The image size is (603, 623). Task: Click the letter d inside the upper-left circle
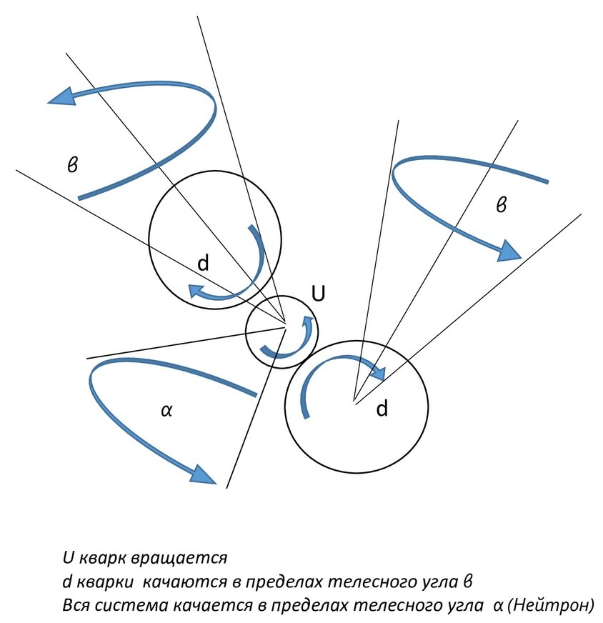(204, 263)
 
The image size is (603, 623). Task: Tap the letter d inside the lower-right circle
(382, 409)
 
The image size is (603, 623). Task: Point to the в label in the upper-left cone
(72, 165)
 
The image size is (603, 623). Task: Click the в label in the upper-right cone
(502, 206)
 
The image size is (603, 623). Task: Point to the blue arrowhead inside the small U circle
(308, 322)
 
